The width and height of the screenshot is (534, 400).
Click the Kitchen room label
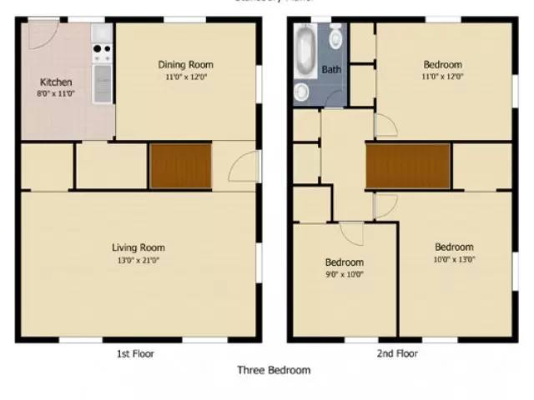[x=56, y=82]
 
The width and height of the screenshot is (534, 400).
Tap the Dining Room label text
[x=185, y=64]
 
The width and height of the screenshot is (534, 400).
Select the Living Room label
[x=139, y=247]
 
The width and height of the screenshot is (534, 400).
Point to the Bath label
[x=331, y=70]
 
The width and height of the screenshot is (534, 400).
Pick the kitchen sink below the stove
[x=103, y=82]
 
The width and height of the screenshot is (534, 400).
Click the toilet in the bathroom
[x=336, y=37]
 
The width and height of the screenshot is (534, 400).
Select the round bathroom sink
[x=300, y=91]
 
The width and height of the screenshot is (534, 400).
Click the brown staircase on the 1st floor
[x=180, y=165]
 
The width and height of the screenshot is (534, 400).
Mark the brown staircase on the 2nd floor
[x=408, y=165]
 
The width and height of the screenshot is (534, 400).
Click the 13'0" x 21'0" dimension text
[x=139, y=260]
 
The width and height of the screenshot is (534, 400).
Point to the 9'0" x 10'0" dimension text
[x=344, y=274]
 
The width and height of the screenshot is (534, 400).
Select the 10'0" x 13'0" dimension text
[x=454, y=259]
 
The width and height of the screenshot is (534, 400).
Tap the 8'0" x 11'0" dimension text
[x=56, y=95]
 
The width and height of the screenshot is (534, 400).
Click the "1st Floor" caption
[x=135, y=353]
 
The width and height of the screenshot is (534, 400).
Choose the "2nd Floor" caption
[x=396, y=353]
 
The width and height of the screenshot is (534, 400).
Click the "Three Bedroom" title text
[x=274, y=371]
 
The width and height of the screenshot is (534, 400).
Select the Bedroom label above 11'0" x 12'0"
[x=442, y=64]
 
